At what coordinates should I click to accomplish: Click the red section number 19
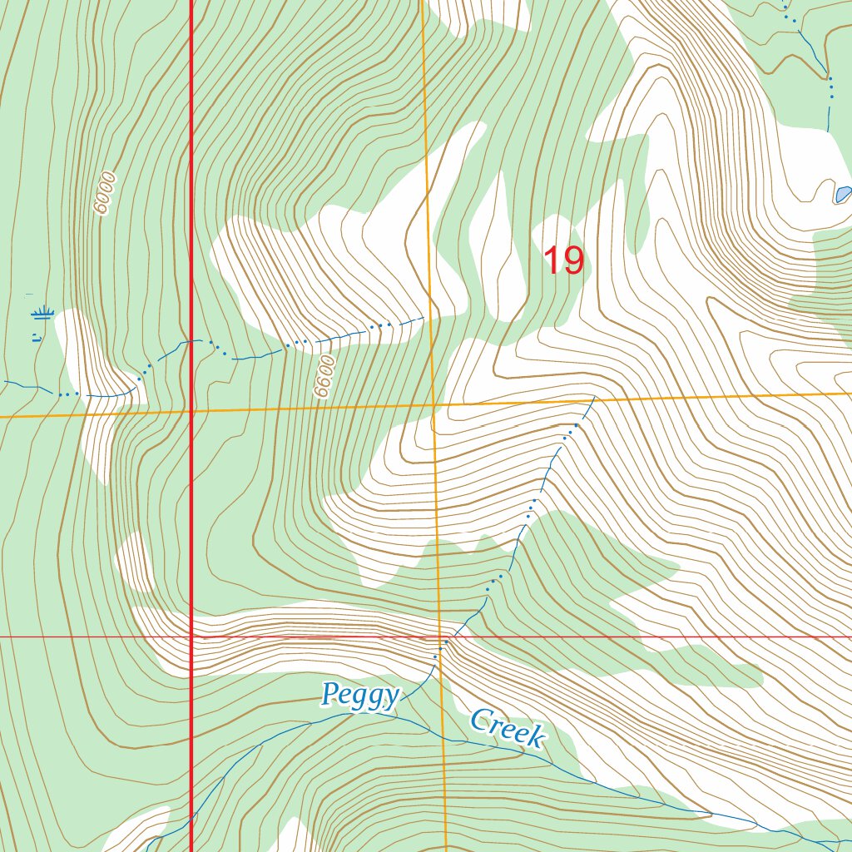563,260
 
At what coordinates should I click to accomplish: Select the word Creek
507,728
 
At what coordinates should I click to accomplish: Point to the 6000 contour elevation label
104,193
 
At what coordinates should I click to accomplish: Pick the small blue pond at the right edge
842,195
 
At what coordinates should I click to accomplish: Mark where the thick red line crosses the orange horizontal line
192,411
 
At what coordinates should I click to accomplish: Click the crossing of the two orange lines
433,405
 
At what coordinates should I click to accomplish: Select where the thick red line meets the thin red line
192,637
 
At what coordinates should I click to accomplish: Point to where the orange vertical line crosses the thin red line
441,637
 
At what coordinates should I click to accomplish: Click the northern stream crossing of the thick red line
192,340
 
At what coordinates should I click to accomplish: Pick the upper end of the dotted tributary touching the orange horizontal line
593,399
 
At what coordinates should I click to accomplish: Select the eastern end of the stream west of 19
424,317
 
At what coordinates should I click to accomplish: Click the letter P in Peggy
331,691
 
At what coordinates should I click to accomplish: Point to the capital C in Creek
480,720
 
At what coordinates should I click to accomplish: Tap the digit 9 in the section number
573,260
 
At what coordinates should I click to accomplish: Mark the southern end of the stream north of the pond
829,130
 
